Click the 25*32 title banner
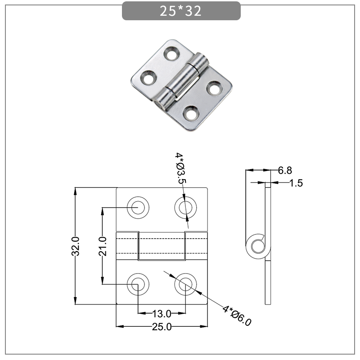(181, 11)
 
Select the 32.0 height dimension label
(76, 246)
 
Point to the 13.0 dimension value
(162, 314)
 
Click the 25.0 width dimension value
(162, 327)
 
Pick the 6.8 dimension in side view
(285, 170)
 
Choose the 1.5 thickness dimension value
(296, 183)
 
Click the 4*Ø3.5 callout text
(180, 169)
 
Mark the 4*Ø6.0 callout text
(237, 315)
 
